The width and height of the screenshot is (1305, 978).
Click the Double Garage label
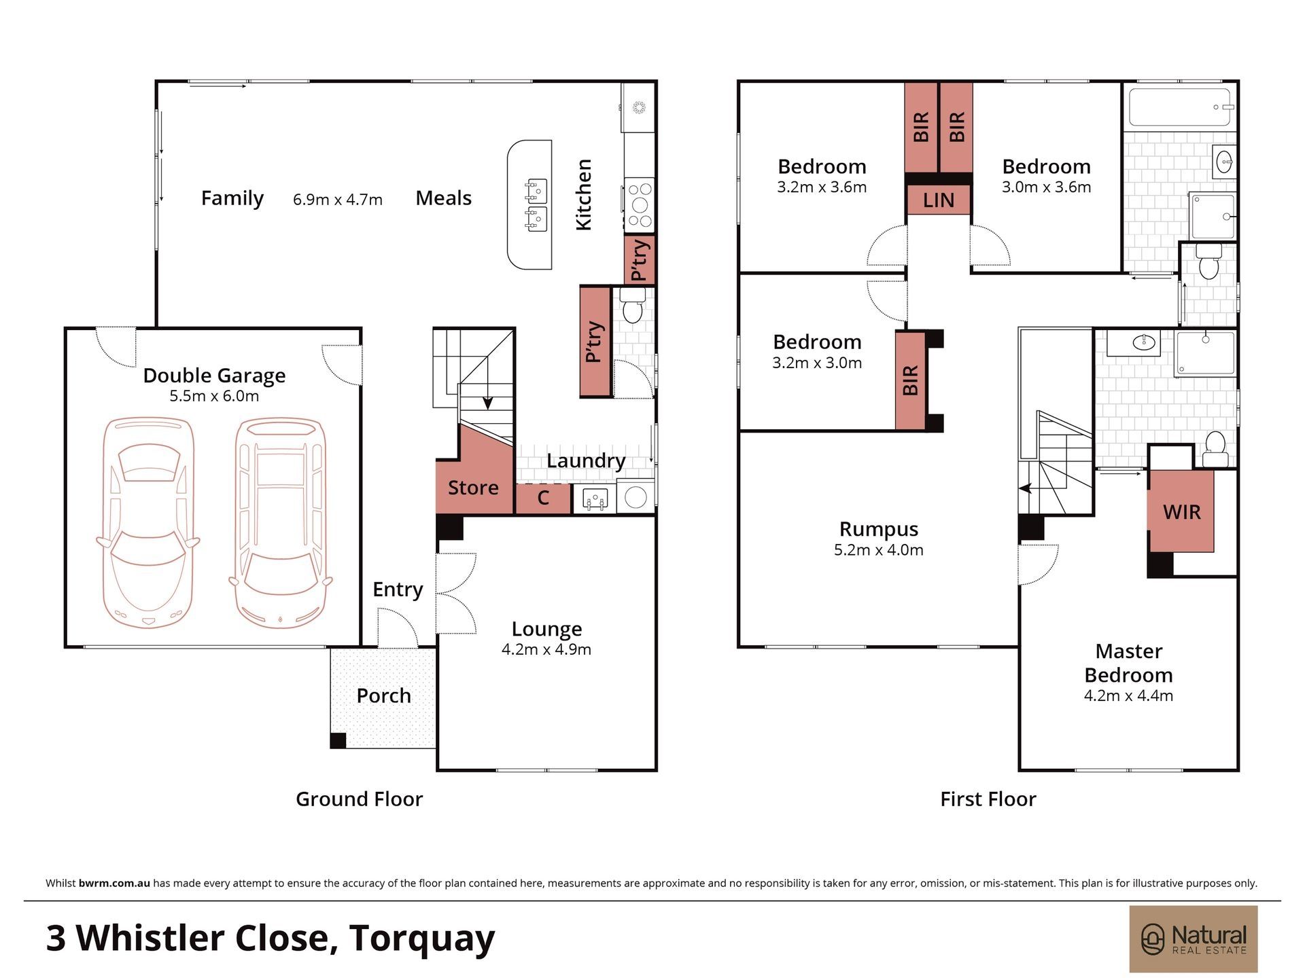tap(214, 375)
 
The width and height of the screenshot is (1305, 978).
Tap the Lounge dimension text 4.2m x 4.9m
tap(546, 649)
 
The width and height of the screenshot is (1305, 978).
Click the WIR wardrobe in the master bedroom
tap(1181, 511)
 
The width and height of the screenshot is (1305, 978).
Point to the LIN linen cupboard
tap(939, 200)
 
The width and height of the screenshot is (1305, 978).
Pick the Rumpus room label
tap(878, 528)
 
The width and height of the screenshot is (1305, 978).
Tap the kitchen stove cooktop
tap(640, 202)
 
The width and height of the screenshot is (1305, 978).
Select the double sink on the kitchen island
tap(536, 205)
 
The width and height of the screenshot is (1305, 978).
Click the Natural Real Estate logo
tap(1194, 939)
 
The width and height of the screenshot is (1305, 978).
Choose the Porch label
tap(383, 695)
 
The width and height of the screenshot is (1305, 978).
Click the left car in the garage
tap(148, 522)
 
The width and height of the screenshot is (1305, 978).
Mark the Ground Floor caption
tap(359, 799)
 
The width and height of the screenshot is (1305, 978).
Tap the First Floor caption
tap(988, 799)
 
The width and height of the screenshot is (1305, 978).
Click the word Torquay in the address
tap(422, 939)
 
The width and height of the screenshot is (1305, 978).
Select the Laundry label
tap(586, 460)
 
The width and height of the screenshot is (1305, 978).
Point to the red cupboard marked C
tap(543, 498)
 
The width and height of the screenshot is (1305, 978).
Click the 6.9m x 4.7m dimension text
tap(338, 200)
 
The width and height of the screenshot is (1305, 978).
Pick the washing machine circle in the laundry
tap(636, 497)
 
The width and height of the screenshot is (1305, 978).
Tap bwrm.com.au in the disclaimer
tap(114, 884)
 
